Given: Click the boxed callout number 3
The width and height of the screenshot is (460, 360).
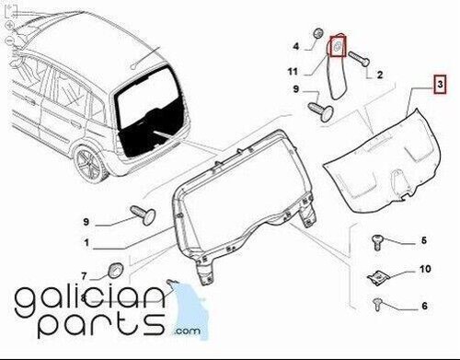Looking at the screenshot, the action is pos(440,84).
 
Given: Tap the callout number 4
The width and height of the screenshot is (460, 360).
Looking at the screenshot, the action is pos(295,47).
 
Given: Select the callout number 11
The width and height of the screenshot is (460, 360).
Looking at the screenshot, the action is pos(293,72).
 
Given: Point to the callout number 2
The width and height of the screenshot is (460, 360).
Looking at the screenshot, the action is pos(380,75).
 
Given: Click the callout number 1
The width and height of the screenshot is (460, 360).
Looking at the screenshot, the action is pos(86,243).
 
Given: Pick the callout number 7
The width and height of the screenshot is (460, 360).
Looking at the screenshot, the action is pos(85,276).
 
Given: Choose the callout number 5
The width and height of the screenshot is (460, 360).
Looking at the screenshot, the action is pos(424,240).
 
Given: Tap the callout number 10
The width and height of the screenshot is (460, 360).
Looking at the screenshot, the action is pos(425,269).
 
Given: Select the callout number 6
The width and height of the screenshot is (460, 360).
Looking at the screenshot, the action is pos(425,306).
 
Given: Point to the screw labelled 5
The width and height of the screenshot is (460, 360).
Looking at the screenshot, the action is pos(376,242).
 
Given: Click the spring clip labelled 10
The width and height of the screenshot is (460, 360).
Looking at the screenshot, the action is pos(378,278).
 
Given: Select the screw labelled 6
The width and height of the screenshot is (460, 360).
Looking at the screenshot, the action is pos(377,304).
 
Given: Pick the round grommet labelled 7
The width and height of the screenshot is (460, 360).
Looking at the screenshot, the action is pos(115,270).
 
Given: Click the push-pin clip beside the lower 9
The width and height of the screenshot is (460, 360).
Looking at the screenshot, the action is pos(144,215).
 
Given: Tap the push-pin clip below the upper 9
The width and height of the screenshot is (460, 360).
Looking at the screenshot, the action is pos(320,113).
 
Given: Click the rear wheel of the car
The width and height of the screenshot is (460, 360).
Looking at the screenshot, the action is pos(90,164).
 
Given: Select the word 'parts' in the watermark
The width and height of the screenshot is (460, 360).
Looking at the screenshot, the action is pos(100,325).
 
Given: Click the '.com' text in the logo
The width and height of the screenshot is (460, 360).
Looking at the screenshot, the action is pos(187,331).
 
